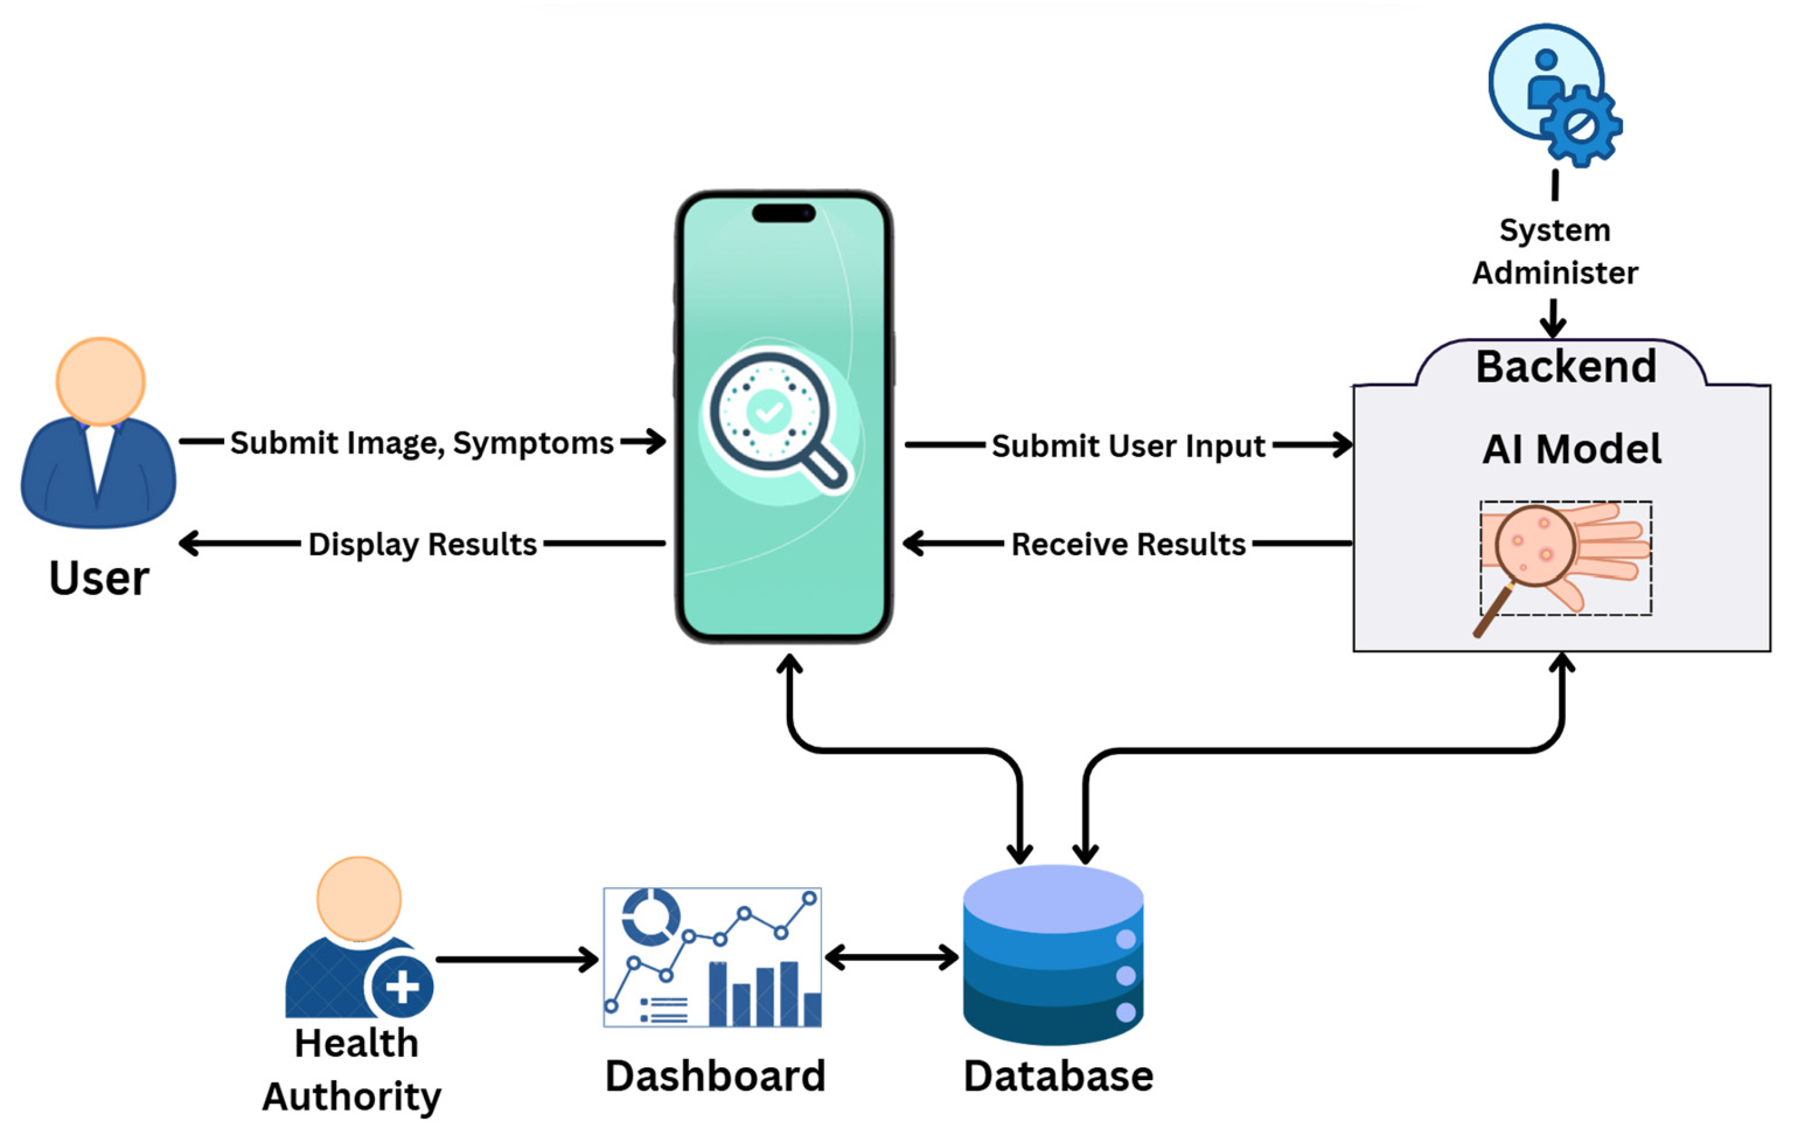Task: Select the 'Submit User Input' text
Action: [1128, 446]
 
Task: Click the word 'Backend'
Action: [1566, 367]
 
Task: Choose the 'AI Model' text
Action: [1571, 449]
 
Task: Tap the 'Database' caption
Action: [1058, 1076]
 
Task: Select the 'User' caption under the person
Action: [99, 578]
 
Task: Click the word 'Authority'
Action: [352, 1096]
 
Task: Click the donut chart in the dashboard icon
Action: [650, 916]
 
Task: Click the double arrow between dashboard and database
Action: [892, 957]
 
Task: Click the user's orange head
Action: [101, 382]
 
